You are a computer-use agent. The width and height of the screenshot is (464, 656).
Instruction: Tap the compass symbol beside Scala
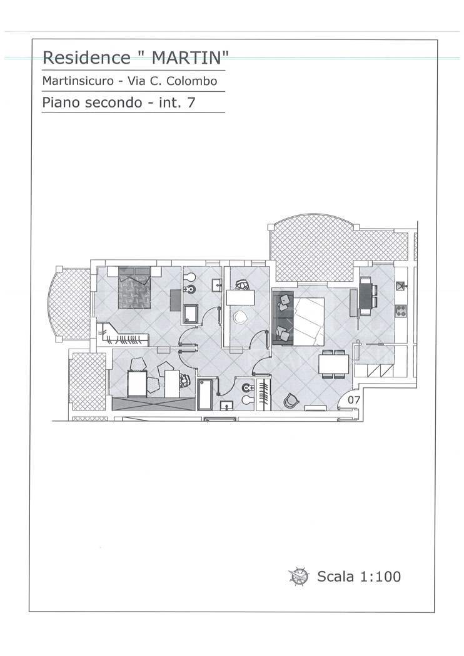tap(298, 576)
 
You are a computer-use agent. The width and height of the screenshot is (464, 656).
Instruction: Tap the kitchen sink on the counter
tap(401, 286)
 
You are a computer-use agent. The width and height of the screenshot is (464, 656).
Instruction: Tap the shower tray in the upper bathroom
tap(191, 314)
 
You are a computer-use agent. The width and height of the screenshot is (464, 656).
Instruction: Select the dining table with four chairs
tap(333, 363)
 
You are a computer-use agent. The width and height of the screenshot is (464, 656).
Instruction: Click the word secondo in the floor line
tap(111, 102)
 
